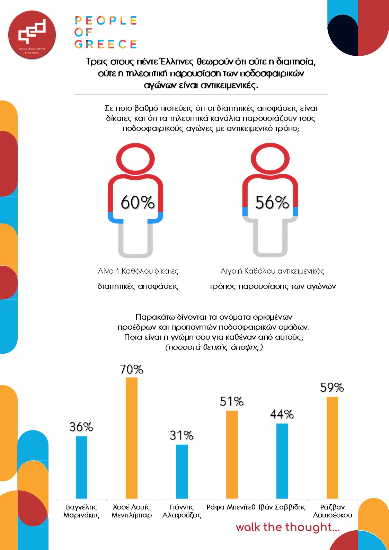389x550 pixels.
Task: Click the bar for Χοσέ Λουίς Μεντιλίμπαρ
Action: [x=132, y=438]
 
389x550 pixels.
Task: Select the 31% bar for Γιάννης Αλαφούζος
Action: [x=182, y=471]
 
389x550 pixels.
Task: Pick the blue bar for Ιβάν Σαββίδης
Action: [x=282, y=461]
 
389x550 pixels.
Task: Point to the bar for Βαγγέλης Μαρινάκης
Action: [x=81, y=467]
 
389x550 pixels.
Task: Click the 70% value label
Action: [x=132, y=370]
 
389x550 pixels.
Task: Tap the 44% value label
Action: [x=282, y=414]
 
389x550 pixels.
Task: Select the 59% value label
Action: [x=332, y=388]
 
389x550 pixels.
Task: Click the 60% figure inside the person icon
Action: [x=138, y=203]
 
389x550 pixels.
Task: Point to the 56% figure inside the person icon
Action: [x=272, y=203]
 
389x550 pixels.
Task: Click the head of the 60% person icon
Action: [x=135, y=160]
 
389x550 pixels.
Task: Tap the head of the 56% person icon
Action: [x=270, y=160]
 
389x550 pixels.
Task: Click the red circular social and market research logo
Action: [x=32, y=35]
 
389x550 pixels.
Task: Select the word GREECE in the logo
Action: [x=106, y=44]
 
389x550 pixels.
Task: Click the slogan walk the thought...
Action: [x=288, y=527]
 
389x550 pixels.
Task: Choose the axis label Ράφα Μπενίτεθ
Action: [x=231, y=507]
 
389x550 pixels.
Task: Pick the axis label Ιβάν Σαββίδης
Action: [x=282, y=507]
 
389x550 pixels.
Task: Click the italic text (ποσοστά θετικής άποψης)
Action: [x=214, y=347]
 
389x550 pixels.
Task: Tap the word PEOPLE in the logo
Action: [x=106, y=20]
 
